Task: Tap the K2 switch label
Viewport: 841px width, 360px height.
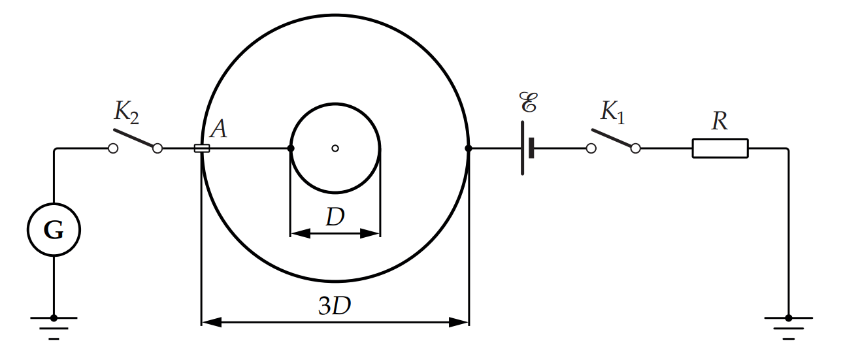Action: pyautogui.click(x=127, y=112)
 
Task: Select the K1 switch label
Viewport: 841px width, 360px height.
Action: pyautogui.click(x=612, y=112)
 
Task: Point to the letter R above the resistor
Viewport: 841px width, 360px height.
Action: pyautogui.click(x=719, y=122)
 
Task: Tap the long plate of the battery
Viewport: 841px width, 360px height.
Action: pyautogui.click(x=522, y=148)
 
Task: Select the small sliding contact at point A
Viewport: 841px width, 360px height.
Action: pyautogui.click(x=202, y=149)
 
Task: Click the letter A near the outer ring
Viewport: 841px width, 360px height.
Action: pyautogui.click(x=219, y=129)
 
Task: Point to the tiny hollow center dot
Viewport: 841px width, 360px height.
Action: pyautogui.click(x=335, y=148)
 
